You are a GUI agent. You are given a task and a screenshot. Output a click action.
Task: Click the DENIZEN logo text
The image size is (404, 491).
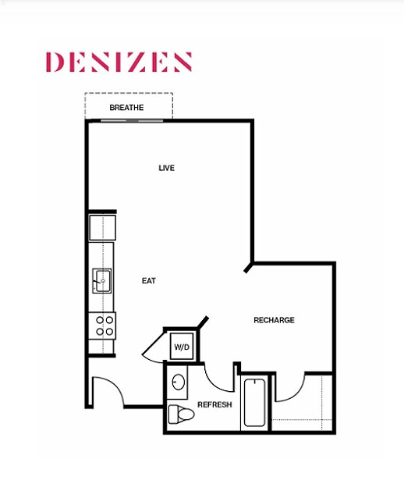tap(119, 62)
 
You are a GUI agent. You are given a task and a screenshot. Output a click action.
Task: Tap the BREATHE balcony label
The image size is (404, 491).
tap(127, 107)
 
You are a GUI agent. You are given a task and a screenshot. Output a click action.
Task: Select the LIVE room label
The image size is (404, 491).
tap(166, 168)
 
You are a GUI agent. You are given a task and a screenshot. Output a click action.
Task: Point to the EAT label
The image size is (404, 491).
tap(149, 280)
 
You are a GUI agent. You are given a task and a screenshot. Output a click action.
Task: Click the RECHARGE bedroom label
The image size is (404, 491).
tap(274, 320)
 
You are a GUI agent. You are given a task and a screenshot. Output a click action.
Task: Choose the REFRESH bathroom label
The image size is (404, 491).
tap(214, 404)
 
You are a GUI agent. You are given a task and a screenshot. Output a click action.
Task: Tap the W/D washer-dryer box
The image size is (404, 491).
tap(182, 345)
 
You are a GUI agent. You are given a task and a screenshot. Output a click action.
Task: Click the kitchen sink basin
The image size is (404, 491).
tap(102, 279)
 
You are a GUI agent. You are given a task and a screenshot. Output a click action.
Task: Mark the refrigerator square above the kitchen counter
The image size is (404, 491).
tap(102, 226)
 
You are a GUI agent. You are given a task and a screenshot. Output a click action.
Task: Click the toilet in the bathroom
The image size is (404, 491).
tap(181, 414)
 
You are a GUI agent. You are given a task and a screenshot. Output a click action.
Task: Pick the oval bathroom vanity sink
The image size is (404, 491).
tap(179, 383)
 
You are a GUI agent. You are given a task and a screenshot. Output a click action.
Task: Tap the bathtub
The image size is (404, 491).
tap(254, 402)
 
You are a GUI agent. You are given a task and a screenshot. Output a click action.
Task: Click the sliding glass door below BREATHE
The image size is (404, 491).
tap(131, 119)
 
